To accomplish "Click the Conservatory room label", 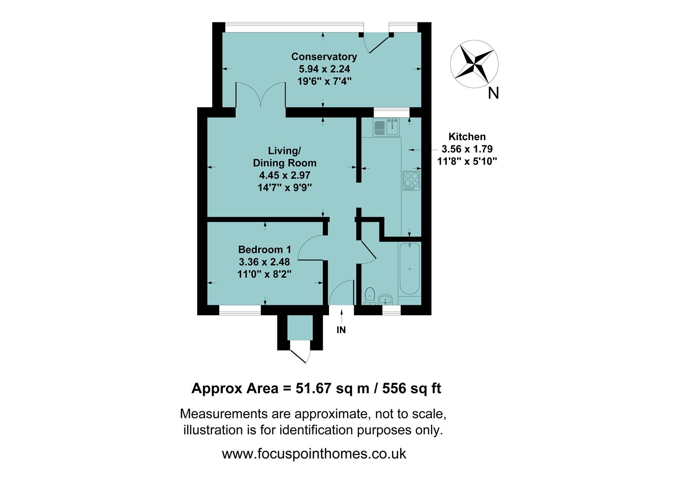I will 324,57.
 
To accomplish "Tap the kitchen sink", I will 386,127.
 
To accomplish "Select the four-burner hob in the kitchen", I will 411,180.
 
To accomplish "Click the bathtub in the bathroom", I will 409,269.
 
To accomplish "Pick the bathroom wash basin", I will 386,300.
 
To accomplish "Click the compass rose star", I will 474,62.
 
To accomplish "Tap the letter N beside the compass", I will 493,93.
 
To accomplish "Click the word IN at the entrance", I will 341,330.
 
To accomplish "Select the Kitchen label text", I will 467,137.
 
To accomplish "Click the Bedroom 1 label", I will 264,250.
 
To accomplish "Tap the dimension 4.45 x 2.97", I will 285,176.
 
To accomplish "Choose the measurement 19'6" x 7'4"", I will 324,81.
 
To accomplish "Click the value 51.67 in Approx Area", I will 314,388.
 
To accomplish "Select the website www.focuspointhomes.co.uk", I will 314,454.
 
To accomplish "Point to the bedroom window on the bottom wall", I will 240,310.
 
